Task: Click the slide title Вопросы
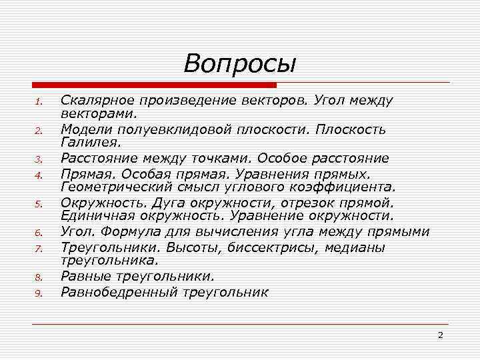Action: [x=239, y=64]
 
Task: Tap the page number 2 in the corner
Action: [x=440, y=335]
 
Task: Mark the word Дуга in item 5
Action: [x=169, y=203]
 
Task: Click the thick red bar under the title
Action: [x=154, y=85]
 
